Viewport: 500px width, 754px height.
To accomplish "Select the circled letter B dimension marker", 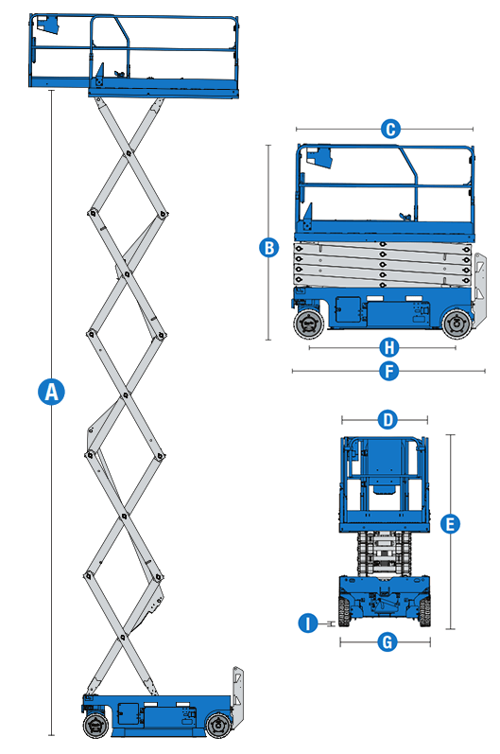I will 268,248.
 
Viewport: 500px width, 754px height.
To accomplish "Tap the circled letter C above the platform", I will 388,130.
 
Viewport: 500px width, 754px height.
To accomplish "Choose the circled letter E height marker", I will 450,523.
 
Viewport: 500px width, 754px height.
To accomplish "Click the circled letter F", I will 388,371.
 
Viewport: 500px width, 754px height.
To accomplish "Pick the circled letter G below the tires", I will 385,641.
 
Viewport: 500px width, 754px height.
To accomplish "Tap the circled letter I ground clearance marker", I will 306,623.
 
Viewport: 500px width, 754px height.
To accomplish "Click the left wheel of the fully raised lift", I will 95,726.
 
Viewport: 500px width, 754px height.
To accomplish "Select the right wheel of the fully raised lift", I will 219,726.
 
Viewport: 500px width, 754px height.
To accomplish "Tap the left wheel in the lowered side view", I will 308,325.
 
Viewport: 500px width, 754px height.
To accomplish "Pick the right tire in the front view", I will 425,613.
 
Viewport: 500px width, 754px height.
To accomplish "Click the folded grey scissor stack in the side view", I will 383,263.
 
